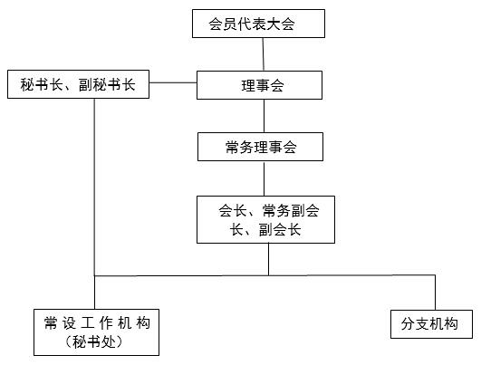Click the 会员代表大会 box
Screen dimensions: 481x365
[258, 24]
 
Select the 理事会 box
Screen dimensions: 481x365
[259, 85]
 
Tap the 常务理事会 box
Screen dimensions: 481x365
[260, 147]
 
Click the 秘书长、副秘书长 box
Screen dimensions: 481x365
[78, 84]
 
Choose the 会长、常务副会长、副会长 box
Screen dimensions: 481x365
[265, 219]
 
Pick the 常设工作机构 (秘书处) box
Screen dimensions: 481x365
[96, 332]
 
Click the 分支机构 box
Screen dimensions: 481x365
[431, 324]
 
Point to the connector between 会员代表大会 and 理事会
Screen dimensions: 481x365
[264, 54]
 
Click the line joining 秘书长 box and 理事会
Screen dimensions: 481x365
[173, 82]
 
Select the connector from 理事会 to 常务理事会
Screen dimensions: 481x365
[265, 116]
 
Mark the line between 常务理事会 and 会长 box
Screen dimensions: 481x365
[265, 178]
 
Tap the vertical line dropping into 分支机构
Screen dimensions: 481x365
[435, 293]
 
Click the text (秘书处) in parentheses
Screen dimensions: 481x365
[94, 342]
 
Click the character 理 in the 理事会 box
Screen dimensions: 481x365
[248, 85]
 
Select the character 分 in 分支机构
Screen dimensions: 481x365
[408, 324]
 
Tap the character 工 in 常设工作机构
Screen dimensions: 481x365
[88, 323]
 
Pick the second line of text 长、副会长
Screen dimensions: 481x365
[265, 230]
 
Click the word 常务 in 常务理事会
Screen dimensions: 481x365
[239, 147]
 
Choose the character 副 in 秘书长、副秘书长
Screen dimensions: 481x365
[85, 84]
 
